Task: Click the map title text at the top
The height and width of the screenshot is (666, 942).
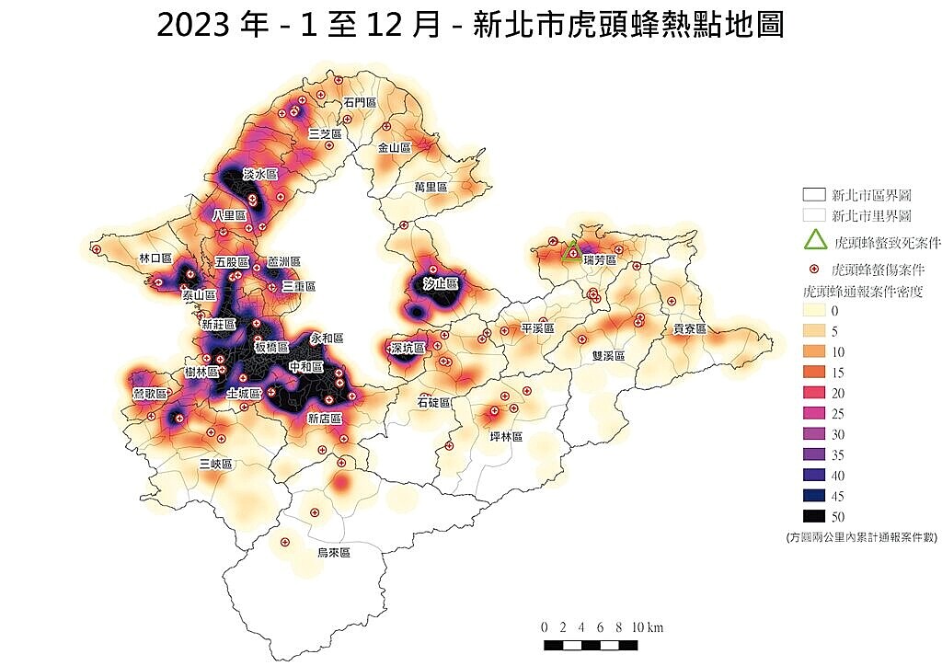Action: coord(470,25)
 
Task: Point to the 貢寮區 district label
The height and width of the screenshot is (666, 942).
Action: coord(689,328)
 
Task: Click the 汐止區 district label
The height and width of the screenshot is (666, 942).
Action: coord(441,284)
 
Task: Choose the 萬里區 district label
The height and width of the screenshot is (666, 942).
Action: coord(430,187)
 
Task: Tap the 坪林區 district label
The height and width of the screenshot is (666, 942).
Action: coord(506,437)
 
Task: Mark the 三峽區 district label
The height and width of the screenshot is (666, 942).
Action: coord(216,465)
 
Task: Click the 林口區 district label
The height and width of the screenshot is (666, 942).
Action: coord(155,258)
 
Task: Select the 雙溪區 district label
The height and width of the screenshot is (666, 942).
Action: coord(608,355)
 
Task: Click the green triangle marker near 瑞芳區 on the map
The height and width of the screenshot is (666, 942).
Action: coord(571,251)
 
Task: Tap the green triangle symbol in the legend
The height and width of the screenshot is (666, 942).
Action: coord(814,241)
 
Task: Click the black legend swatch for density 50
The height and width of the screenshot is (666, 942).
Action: coord(814,516)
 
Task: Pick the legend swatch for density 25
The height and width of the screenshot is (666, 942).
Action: coord(814,414)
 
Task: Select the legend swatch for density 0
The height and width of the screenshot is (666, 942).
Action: coord(814,312)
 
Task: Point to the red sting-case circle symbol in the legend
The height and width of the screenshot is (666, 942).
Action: coord(814,270)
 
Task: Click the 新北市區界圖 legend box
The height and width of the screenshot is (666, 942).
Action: coord(814,195)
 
